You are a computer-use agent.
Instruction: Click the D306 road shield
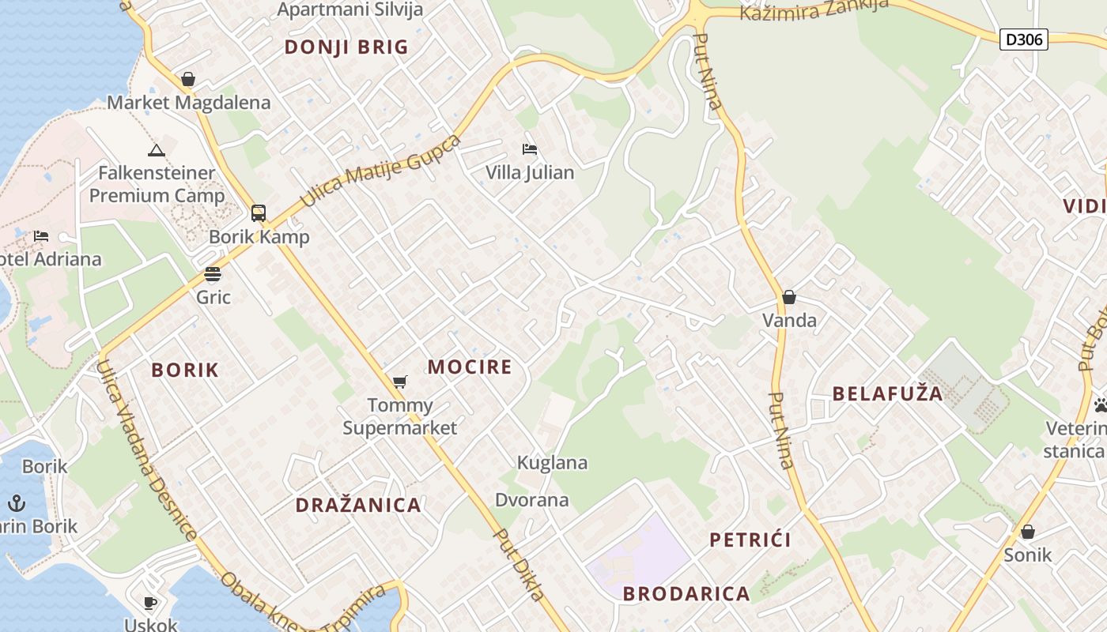point(1023,39)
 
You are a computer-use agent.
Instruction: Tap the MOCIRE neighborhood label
point(470,367)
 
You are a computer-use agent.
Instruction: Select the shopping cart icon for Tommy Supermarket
point(400,382)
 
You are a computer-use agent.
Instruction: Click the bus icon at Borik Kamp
point(259,213)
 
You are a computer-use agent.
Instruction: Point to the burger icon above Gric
point(213,274)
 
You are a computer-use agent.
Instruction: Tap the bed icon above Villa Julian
point(530,149)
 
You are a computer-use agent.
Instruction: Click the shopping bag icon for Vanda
point(788,297)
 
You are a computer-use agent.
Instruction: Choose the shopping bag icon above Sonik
point(1028,532)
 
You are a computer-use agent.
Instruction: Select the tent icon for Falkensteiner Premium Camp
point(157,150)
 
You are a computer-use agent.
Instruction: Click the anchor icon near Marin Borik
point(17,502)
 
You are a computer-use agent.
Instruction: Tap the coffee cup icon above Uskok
point(150,603)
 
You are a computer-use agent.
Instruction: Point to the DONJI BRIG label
point(346,47)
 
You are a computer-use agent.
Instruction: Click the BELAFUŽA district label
point(888,393)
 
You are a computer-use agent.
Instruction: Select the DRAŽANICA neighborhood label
point(358,506)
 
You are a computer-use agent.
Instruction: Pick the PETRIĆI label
point(750,540)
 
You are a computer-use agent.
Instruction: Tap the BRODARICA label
point(686,594)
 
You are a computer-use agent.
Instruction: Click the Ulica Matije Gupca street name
point(380,172)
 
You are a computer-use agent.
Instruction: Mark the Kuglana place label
point(552,463)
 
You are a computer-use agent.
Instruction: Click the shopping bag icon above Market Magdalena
point(188,79)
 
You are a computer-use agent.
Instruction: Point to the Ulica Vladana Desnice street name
point(146,450)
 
